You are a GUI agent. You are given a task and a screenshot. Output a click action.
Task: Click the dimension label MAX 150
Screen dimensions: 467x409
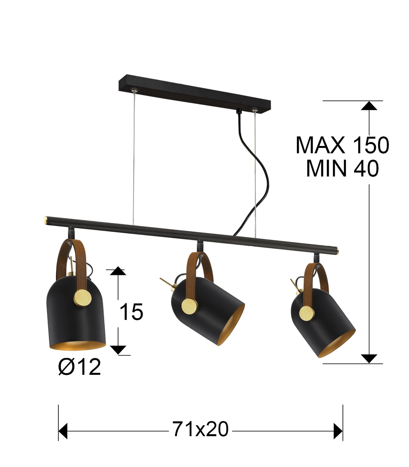pos(342,145)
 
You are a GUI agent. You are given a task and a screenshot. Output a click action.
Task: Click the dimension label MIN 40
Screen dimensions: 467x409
pos(342,169)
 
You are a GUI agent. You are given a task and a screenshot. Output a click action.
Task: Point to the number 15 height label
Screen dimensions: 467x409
pos(131,312)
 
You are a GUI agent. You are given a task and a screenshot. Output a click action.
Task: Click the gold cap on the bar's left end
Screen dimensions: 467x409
pos(45,219)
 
